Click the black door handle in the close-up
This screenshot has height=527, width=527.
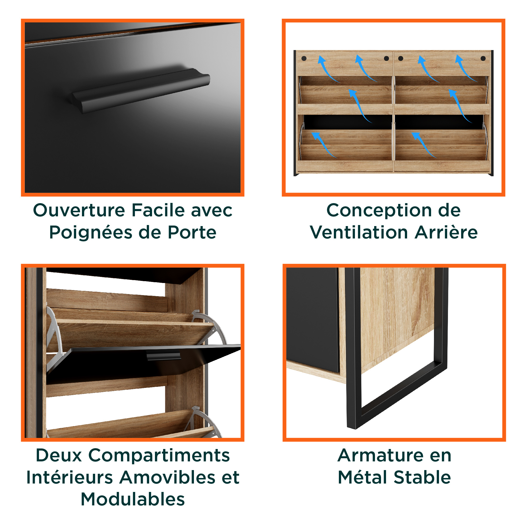tap(140, 91)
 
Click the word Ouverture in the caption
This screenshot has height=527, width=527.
tap(79, 210)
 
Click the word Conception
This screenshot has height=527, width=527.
tap(379, 211)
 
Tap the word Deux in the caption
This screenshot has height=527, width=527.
tap(59, 455)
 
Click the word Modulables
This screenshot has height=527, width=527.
tap(133, 499)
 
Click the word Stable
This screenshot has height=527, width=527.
tap(423, 477)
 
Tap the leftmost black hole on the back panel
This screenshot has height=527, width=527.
tap(304, 58)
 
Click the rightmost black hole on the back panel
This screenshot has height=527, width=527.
tap(483, 58)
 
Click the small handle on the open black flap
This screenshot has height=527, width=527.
tap(163, 357)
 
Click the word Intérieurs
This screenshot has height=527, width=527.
tap(70, 477)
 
